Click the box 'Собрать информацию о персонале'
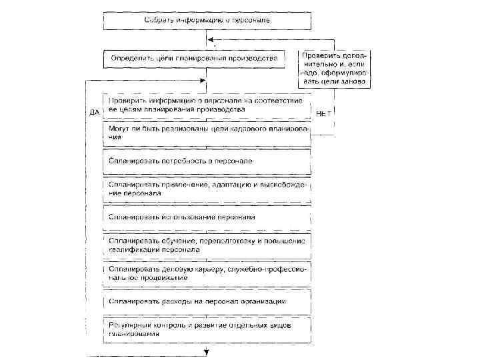(x=207, y=21)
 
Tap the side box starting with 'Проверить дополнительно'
(x=335, y=68)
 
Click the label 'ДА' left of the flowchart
(x=94, y=113)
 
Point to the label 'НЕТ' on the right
(x=323, y=113)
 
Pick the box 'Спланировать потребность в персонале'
(x=207, y=161)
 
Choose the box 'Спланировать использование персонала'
(x=207, y=217)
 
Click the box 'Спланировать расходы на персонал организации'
(x=207, y=301)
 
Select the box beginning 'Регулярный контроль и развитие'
(x=207, y=329)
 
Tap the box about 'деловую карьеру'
(x=207, y=273)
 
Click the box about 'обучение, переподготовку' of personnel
(x=207, y=245)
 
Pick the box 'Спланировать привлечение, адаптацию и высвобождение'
(x=207, y=189)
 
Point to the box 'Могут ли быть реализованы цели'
(x=207, y=132)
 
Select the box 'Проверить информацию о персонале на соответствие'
(x=207, y=105)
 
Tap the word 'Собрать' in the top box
(x=159, y=21)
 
